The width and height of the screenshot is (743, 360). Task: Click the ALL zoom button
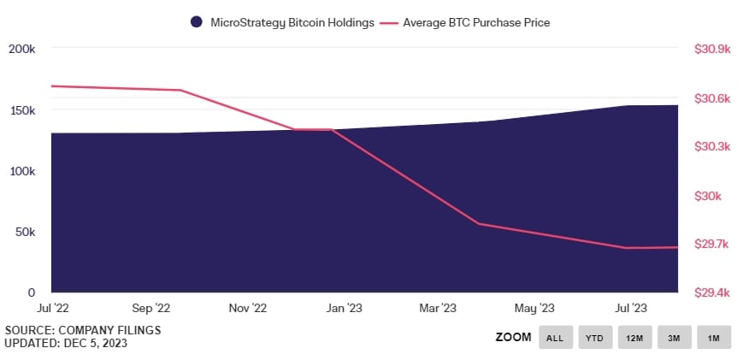(555, 338)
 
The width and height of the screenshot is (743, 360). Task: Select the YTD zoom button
(594, 338)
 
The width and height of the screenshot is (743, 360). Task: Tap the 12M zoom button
(634, 338)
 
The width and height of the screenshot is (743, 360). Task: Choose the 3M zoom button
(674, 338)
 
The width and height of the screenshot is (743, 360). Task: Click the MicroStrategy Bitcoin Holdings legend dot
(197, 22)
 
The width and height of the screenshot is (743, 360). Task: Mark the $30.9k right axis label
(711, 50)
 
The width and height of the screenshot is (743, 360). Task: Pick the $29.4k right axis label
(711, 292)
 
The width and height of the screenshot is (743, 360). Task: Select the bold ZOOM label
(513, 338)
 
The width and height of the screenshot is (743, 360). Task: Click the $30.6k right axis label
(711, 98)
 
